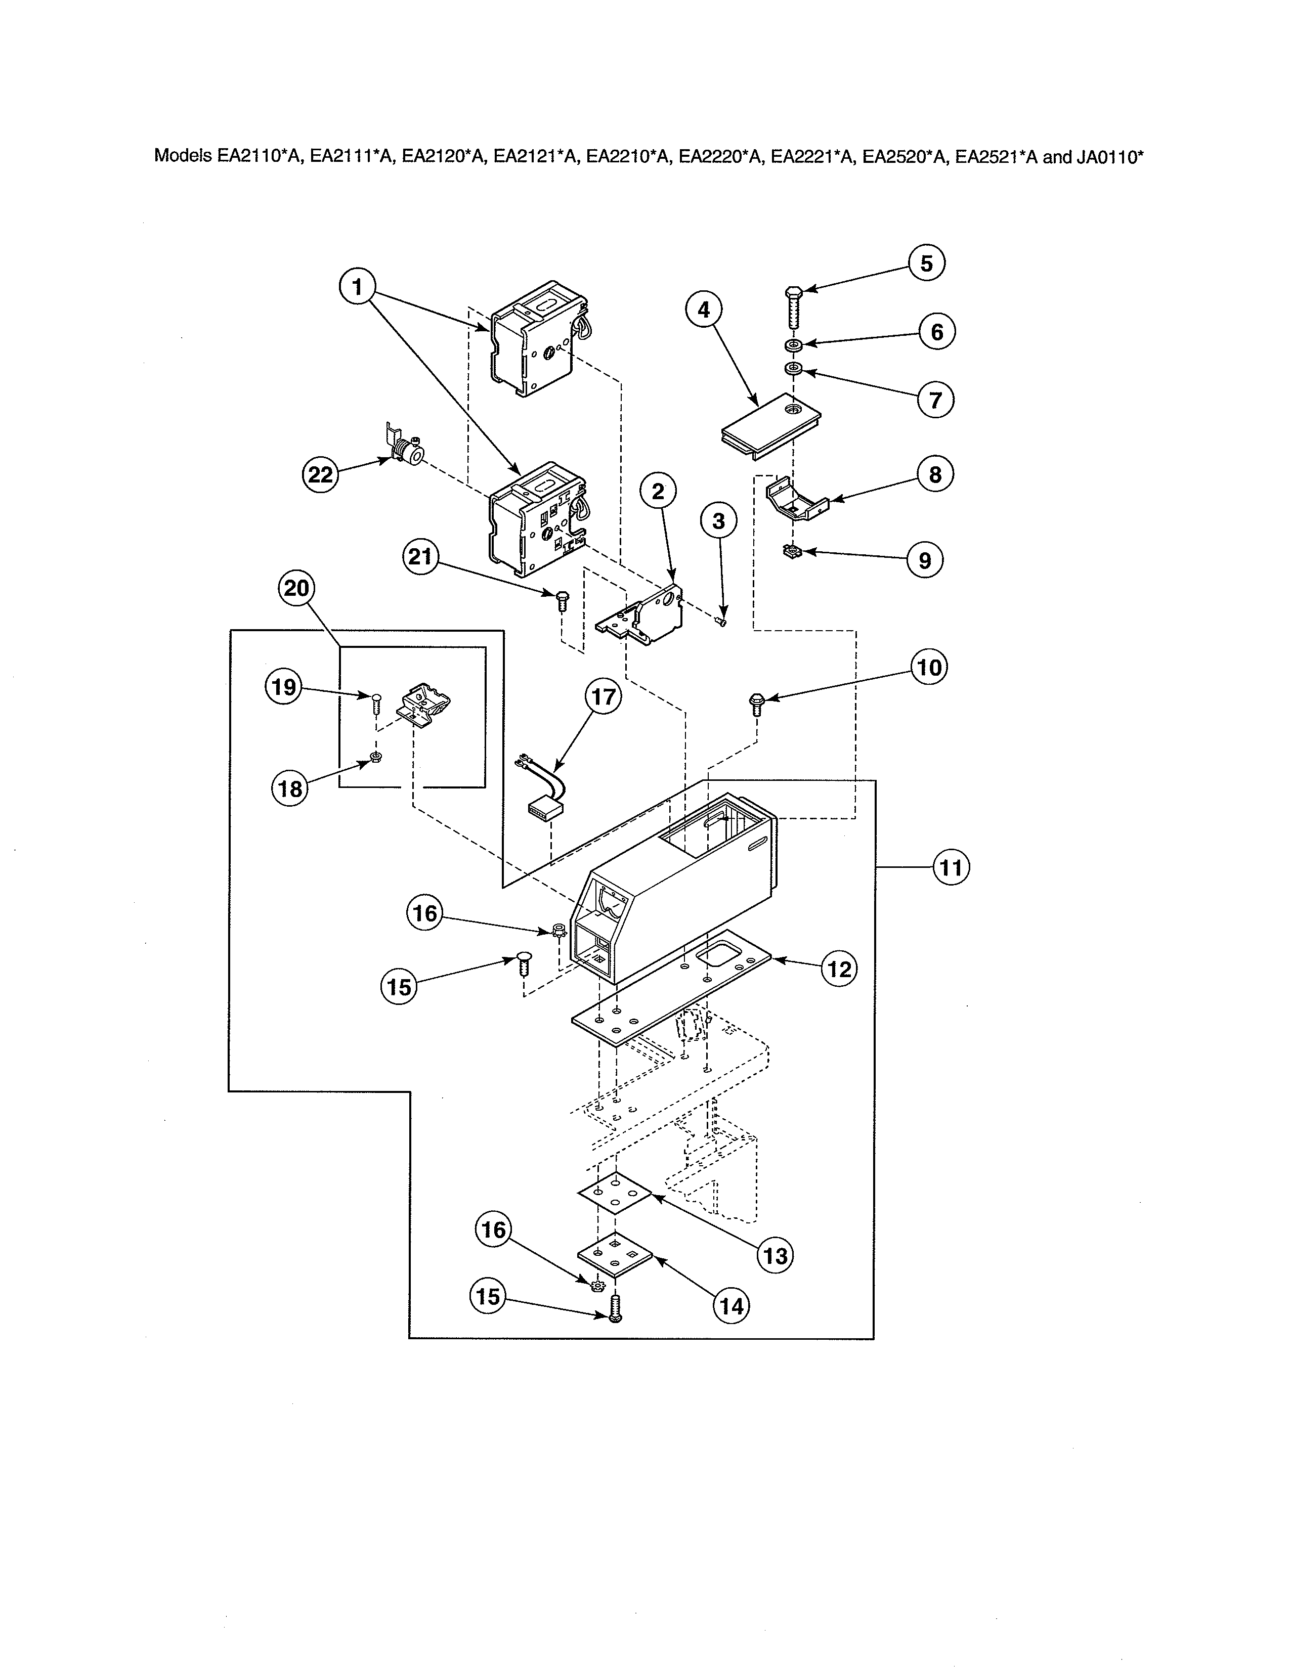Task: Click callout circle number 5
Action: coord(926,263)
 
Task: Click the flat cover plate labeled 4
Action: coord(770,426)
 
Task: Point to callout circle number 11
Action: coord(951,867)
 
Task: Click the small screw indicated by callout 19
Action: coord(376,701)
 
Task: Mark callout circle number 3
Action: coord(718,521)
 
